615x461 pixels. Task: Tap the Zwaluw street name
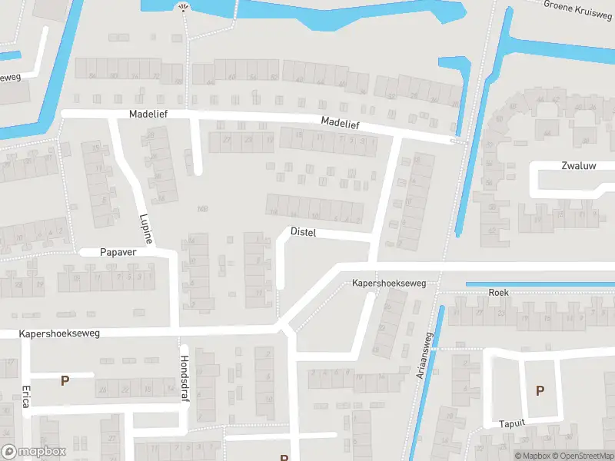(577, 165)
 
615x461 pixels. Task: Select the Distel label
(304, 231)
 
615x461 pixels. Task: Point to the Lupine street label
(145, 229)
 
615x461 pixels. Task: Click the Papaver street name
(118, 252)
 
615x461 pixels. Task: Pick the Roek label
(498, 293)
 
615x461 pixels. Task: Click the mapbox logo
(34, 452)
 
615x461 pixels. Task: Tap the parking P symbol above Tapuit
(540, 390)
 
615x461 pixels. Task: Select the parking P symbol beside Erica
(65, 380)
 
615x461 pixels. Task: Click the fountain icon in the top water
(183, 8)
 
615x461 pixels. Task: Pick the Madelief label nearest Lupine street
(148, 114)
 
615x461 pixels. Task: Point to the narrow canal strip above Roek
(538, 284)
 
